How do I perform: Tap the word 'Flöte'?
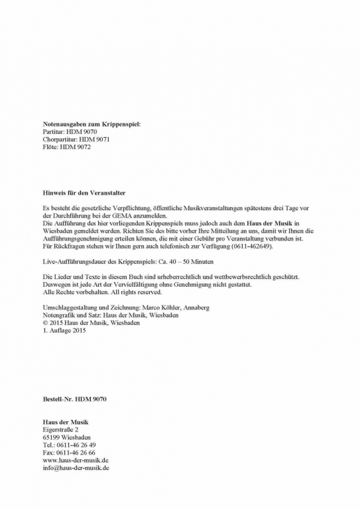50,147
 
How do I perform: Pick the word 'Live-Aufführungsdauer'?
75,262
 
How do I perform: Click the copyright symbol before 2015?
44,323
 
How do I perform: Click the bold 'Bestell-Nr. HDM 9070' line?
74,399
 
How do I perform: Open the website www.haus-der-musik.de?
75,460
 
